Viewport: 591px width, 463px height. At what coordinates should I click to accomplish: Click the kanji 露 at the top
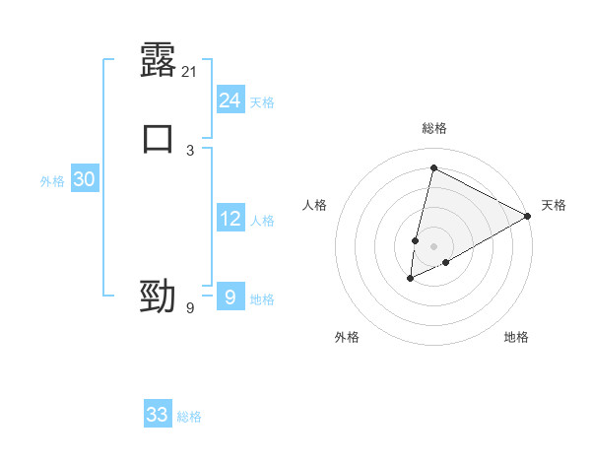(x=159, y=61)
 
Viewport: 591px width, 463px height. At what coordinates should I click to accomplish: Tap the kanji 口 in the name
(x=159, y=138)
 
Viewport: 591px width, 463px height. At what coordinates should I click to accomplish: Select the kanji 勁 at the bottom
(x=159, y=296)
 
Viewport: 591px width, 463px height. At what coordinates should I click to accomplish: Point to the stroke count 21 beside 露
(x=190, y=72)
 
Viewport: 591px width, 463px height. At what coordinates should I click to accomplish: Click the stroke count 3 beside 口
(x=190, y=150)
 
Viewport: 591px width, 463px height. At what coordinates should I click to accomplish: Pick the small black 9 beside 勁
(x=190, y=308)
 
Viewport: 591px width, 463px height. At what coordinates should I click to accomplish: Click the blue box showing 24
(x=230, y=99)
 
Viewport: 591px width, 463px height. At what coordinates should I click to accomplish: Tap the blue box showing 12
(x=230, y=218)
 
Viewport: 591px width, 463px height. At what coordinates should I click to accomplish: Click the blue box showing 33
(x=158, y=415)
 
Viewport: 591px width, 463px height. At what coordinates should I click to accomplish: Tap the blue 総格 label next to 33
(x=189, y=417)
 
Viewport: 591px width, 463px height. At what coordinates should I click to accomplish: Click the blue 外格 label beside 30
(x=52, y=181)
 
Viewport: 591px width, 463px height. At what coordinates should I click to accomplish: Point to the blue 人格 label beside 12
(x=262, y=221)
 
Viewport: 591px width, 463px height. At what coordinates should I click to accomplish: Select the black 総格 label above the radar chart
(x=434, y=128)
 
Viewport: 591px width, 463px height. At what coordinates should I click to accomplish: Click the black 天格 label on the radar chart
(x=554, y=205)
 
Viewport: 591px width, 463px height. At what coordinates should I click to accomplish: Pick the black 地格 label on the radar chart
(x=516, y=337)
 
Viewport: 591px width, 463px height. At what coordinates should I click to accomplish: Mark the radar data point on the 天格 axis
(x=528, y=216)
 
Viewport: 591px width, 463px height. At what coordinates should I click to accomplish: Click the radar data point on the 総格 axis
(x=433, y=167)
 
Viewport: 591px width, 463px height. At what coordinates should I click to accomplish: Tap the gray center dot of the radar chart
(x=433, y=246)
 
